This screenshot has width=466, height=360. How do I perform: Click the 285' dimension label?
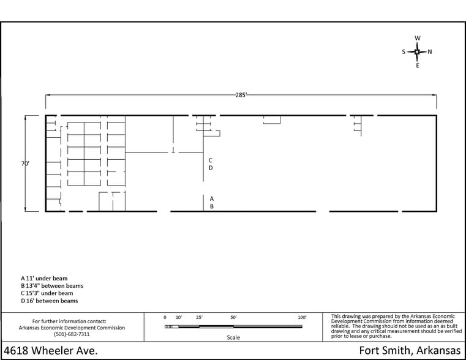coord(241,95)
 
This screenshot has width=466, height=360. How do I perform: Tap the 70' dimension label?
coord(25,163)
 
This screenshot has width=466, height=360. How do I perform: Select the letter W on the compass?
coord(418,39)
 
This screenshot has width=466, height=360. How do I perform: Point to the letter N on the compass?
coord(429,51)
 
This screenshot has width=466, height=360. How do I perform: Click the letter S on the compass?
coord(404,51)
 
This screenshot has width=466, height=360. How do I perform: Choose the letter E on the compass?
coord(418,66)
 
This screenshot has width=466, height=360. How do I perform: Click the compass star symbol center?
coord(417,51)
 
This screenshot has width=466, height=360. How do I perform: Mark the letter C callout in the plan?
coord(211,160)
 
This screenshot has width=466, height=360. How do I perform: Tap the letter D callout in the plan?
coord(211,168)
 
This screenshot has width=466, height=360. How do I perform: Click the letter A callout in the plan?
coord(212,199)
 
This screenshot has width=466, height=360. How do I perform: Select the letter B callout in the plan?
coord(212,206)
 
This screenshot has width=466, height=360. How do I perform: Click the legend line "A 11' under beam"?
coord(44,279)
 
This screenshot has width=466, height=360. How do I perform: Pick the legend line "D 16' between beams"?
coord(50,301)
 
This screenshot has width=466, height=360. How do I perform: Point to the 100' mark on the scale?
coord(302,318)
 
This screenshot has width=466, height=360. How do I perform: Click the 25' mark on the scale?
coord(199,318)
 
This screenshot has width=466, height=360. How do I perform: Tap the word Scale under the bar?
coord(233,337)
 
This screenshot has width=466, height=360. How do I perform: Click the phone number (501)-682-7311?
coord(72,334)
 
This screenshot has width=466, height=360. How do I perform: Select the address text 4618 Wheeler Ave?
coord(51,350)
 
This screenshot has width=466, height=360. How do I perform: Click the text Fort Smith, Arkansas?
coord(410,350)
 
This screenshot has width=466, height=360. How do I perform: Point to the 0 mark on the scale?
coord(165,318)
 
